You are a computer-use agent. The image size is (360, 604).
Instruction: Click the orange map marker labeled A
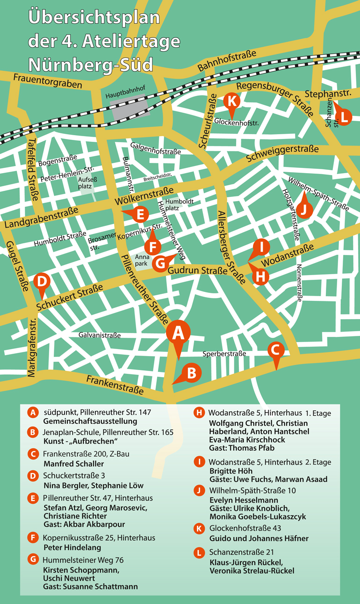178,332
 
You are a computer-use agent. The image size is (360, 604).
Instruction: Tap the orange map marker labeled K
232,101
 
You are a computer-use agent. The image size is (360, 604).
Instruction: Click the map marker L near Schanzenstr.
344,117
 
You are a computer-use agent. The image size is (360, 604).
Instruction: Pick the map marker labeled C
275,349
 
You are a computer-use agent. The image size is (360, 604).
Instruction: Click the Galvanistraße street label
100,335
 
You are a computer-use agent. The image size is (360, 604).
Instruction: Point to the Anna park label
141,261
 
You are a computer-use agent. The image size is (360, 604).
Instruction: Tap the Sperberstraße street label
224,354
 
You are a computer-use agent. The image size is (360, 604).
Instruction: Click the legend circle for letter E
33,498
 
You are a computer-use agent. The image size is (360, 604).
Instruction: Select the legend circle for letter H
199,412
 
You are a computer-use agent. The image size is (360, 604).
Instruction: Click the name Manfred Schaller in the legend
73,464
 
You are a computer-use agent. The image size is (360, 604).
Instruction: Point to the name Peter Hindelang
72,547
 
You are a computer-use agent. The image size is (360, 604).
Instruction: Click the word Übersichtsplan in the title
94,17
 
